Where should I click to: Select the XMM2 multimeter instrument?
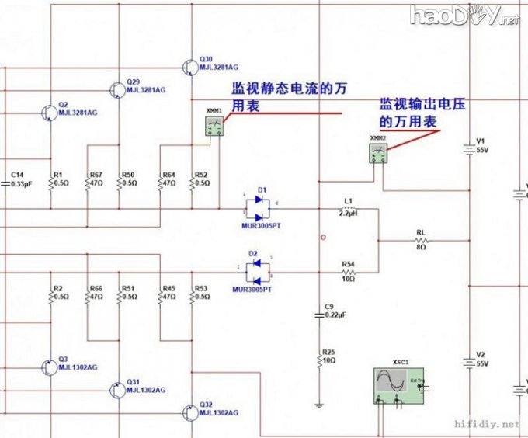click(x=378, y=153)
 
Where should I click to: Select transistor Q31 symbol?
click(x=117, y=388)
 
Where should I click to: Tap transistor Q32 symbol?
click(x=191, y=411)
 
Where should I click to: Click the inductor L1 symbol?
click(x=348, y=208)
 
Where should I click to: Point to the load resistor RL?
click(x=421, y=240)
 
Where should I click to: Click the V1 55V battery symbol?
click(x=468, y=148)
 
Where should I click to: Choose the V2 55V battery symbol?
click(x=468, y=359)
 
